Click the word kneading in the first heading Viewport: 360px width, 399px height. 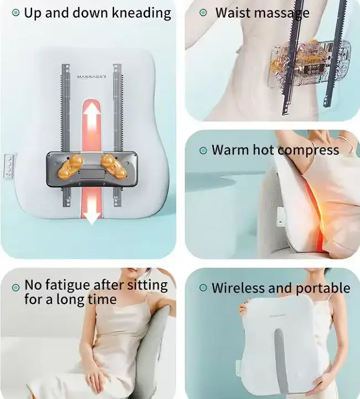141,13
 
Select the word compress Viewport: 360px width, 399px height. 308,150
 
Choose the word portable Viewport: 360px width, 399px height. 323,288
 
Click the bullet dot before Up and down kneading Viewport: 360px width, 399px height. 16,12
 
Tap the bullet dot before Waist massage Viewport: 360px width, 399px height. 203,12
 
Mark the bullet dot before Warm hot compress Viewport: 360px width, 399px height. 203,151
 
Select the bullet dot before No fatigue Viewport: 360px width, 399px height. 16,288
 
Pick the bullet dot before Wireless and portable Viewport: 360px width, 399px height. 203,288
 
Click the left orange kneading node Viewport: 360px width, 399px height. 71,166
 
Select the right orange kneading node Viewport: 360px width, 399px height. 114,166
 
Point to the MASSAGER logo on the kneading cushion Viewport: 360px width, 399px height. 92,76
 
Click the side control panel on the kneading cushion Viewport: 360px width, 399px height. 8,166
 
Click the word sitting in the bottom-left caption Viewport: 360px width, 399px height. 147,285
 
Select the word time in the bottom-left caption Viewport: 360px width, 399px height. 102,299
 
